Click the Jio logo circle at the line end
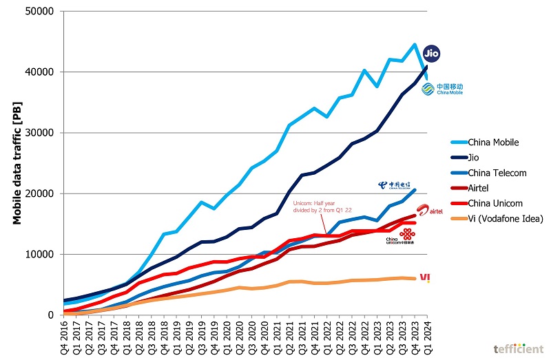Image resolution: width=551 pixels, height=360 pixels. [430, 53]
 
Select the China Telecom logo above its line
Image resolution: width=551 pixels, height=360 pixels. [394, 185]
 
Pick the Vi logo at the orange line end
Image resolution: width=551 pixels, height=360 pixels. [425, 277]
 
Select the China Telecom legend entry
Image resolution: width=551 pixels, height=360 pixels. [488, 173]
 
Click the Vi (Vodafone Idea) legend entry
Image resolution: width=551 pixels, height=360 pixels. [497, 218]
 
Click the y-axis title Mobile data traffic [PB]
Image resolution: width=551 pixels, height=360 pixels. [19, 163]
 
